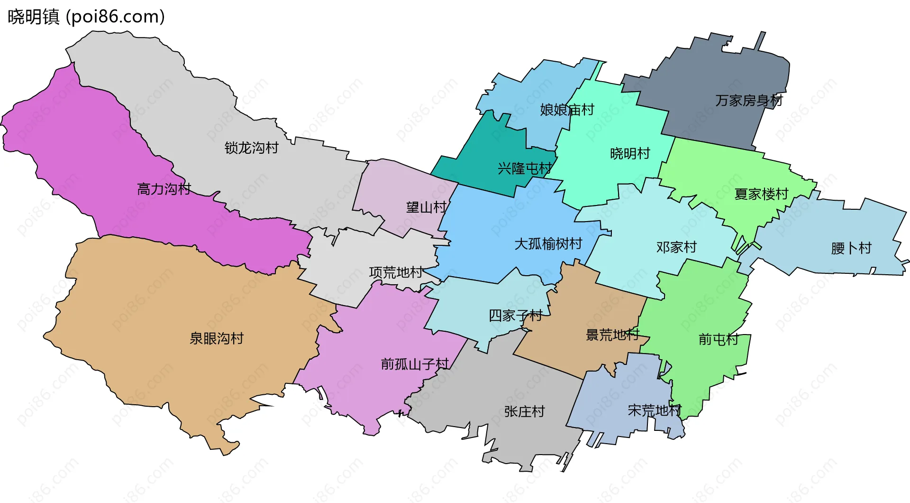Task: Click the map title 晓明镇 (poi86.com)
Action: pyautogui.click(x=86, y=17)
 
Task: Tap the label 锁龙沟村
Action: pyautogui.click(x=251, y=148)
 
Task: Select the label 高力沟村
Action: pyautogui.click(x=164, y=189)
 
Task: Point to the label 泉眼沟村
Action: pyautogui.click(x=217, y=338)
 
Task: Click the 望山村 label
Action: pyautogui.click(x=426, y=207)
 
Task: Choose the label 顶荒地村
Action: pyautogui.click(x=396, y=272)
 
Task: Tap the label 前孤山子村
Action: pyautogui.click(x=415, y=364)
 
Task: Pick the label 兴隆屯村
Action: pyautogui.click(x=525, y=168)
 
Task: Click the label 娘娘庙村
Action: pyautogui.click(x=567, y=110)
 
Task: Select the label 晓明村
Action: pyautogui.click(x=630, y=154)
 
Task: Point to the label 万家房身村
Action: pyautogui.click(x=749, y=101)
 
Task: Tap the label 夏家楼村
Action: pyautogui.click(x=761, y=194)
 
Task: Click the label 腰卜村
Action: pyautogui.click(x=851, y=248)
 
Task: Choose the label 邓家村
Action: pyautogui.click(x=676, y=247)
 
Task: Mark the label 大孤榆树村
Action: pyautogui.click(x=548, y=244)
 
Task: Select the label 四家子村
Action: pyautogui.click(x=516, y=316)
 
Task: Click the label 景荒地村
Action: pyautogui.click(x=612, y=335)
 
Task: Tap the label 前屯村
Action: pyautogui.click(x=719, y=339)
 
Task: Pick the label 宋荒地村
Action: pyautogui.click(x=655, y=410)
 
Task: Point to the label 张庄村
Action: pyautogui.click(x=524, y=411)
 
